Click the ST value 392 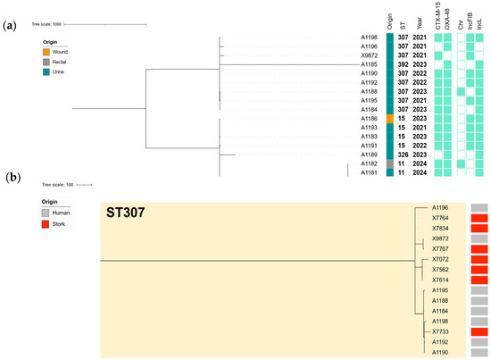[x=404, y=64]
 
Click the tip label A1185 [x=369, y=64]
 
